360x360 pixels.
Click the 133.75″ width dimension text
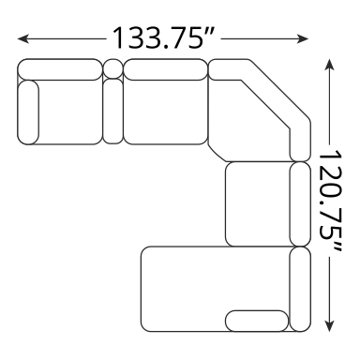163,38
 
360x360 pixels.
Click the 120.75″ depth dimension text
329,202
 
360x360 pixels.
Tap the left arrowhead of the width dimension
23,39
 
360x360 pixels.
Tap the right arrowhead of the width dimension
303,39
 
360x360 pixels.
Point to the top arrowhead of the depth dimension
329,64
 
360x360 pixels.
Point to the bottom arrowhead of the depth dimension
329,325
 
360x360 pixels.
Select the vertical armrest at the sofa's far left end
28,112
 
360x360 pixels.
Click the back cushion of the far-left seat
60,69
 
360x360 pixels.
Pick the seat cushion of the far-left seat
70,112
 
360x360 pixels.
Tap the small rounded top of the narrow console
112,68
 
